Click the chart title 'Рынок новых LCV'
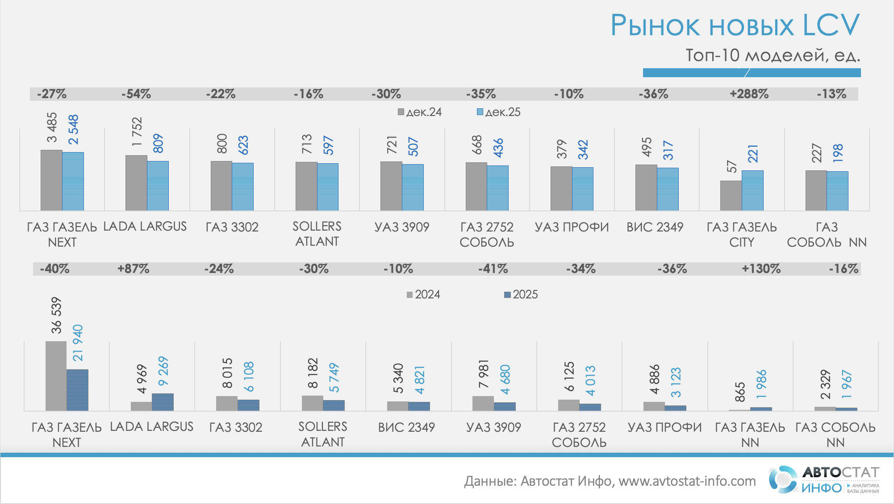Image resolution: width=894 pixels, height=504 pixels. [x=735, y=25]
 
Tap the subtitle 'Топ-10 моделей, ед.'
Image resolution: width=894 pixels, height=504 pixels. [x=773, y=55]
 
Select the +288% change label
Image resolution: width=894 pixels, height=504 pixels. [x=749, y=94]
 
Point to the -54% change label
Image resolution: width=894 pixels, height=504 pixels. [x=136, y=94]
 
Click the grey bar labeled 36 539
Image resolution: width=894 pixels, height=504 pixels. [x=56, y=376]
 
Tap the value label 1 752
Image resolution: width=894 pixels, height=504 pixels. [x=137, y=132]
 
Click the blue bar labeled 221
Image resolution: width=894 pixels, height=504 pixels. [x=752, y=190]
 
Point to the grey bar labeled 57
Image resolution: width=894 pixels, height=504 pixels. [x=731, y=195]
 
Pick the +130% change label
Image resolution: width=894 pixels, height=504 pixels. [x=761, y=269]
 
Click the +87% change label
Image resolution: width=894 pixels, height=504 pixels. [x=133, y=269]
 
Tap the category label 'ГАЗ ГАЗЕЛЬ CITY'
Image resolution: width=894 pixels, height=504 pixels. [x=741, y=235]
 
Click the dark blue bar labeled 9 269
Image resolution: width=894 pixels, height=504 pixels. [x=163, y=402]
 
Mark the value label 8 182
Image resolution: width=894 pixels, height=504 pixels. [x=313, y=373]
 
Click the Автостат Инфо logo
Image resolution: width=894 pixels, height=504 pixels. [x=824, y=479]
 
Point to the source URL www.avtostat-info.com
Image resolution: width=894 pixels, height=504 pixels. [x=687, y=481]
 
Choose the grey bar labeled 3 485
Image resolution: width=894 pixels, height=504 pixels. [x=51, y=180]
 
